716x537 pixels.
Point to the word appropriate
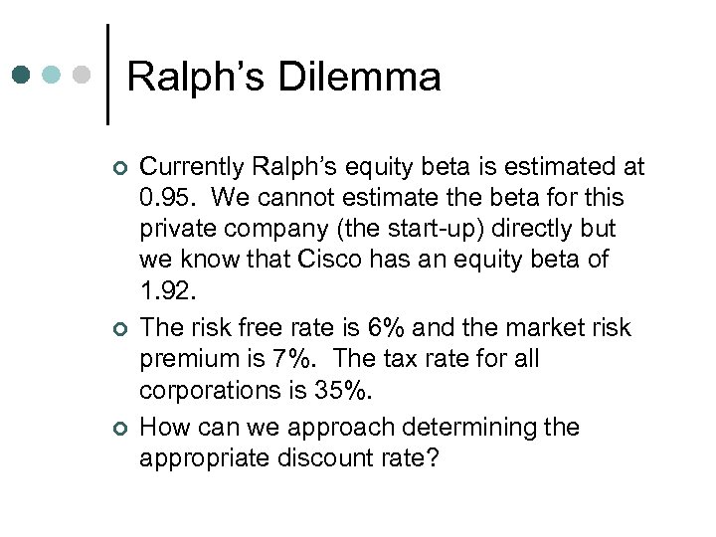(x=208, y=458)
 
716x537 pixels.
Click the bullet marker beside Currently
(x=120, y=167)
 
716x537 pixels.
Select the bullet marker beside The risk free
(x=120, y=329)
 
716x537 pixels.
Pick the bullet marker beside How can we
(x=120, y=429)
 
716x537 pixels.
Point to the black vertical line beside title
(x=106, y=75)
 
